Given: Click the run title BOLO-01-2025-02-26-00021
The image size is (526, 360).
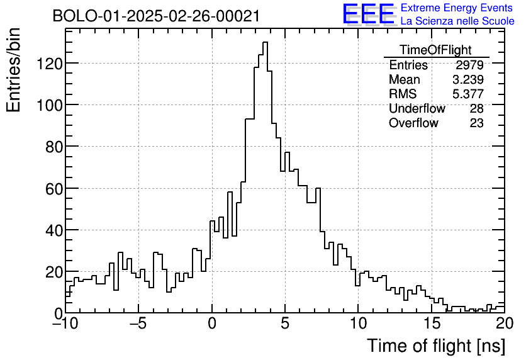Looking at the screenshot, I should tap(156, 16).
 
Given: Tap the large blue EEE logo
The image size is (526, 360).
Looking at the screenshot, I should tap(368, 14).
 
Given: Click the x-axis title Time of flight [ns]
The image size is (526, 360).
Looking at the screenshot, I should tap(435, 346).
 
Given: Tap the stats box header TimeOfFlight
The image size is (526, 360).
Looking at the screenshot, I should tap(435, 50).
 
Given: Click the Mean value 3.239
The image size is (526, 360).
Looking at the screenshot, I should tap(467, 80).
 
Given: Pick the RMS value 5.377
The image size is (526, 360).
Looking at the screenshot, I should tap(467, 94).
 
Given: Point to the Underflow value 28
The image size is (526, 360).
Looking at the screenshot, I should tap(476, 109).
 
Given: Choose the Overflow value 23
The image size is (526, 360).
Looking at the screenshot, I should tap(476, 123).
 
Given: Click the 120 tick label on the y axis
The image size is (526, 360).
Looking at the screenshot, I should tap(50, 63).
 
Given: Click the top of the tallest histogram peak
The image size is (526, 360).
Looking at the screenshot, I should tap(266, 42).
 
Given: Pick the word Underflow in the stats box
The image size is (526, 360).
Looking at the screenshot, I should tap(417, 109).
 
